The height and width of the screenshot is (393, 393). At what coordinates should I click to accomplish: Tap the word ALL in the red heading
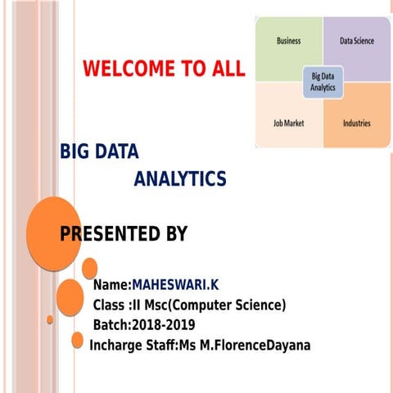[x=225, y=69]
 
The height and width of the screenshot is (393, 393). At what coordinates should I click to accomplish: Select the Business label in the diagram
[x=288, y=40]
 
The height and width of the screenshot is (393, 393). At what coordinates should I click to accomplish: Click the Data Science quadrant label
[x=356, y=40]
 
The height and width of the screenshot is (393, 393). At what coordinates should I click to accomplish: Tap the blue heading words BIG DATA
[x=99, y=151]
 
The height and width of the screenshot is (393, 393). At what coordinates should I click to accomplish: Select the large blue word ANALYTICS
[x=179, y=178]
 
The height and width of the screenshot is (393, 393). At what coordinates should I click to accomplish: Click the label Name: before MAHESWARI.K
[x=112, y=285]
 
